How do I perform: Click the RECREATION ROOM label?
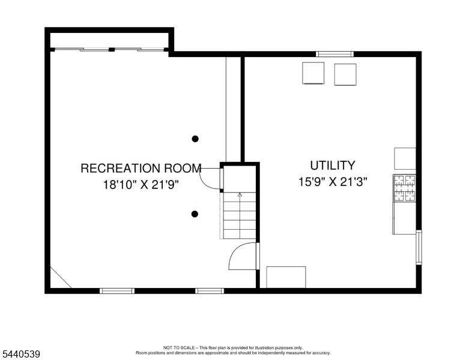pyautogui.click(x=141, y=168)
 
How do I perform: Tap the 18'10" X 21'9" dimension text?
pyautogui.click(x=141, y=185)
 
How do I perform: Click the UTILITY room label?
pyautogui.click(x=333, y=166)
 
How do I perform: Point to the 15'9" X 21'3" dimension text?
pyautogui.click(x=333, y=181)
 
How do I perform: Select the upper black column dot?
pyautogui.click(x=195, y=139)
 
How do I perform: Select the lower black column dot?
pyautogui.click(x=195, y=214)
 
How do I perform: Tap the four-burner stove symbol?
pyautogui.click(x=405, y=188)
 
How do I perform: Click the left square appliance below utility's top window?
pyautogui.click(x=313, y=73)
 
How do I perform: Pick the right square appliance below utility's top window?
pyautogui.click(x=345, y=74)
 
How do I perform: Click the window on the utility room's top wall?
pyautogui.click(x=334, y=54)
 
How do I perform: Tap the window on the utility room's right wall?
pyautogui.click(x=419, y=247)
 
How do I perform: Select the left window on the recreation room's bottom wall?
pyautogui.click(x=116, y=291)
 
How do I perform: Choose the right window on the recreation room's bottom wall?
pyautogui.click(x=210, y=291)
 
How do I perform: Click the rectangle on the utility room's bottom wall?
pyautogui.click(x=286, y=277)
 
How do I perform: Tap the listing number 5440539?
pyautogui.click(x=21, y=354)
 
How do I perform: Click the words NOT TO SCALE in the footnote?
pyautogui.click(x=179, y=347)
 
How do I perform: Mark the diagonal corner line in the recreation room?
pyautogui.click(x=61, y=277)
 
